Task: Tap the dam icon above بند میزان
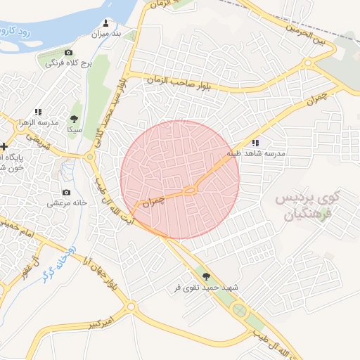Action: (x=106, y=23)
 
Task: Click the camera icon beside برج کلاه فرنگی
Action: (x=68, y=53)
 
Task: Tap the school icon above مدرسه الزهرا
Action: (x=38, y=111)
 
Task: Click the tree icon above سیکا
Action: (x=75, y=120)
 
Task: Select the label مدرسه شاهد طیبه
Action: (x=255, y=153)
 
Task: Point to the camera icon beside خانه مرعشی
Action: (x=66, y=193)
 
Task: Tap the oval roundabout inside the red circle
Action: (x=189, y=191)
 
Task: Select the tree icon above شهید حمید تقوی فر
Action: (x=205, y=277)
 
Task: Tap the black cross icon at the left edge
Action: (x=5, y=146)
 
